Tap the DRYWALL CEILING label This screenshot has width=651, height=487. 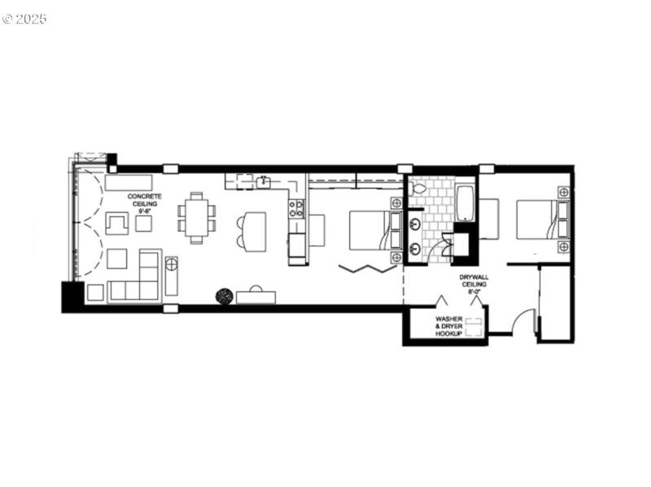coord(474,280)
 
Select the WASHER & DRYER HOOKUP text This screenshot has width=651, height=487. coord(448,326)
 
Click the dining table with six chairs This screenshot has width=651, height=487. coord(197,217)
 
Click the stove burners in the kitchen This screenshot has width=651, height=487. coord(296,208)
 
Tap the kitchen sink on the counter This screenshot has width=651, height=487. coord(263,181)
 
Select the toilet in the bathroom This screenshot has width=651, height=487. coord(419,189)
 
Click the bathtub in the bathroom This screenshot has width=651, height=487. coord(463,203)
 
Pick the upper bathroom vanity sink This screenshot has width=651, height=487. coord(415,221)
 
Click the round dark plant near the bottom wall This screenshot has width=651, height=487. coord(223,296)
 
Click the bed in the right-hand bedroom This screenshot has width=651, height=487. coord(536,220)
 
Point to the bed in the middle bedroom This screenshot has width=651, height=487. coord(371,230)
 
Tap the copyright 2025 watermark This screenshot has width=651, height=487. coord(24,18)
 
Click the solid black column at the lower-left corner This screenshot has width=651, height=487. coord(72,296)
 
